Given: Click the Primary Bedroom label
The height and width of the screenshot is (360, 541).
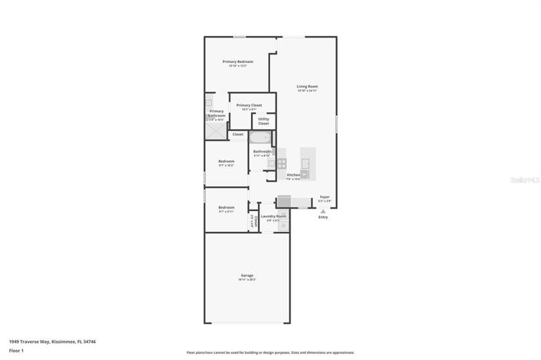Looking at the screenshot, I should coord(238,61).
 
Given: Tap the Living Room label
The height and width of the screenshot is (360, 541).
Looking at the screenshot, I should coord(307,87).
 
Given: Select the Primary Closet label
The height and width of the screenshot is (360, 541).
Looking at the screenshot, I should coord(249,105).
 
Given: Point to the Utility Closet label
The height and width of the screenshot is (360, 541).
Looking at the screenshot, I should coord(263,121).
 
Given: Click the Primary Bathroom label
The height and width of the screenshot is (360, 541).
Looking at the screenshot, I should coord(216,113).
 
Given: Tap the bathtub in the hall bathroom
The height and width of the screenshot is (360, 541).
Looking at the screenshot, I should coord(260,138).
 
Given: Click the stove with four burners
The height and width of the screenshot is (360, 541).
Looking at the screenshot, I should coord(282,163).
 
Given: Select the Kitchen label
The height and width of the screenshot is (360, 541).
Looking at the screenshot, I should coord(293,175).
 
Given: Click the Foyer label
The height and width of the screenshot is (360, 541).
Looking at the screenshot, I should coord(325,197).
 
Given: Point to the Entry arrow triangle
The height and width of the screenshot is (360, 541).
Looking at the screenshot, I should coord(323,210).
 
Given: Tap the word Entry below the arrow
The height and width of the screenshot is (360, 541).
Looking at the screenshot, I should coord(323,217).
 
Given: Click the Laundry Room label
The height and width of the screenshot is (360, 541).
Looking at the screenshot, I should coord(273,216).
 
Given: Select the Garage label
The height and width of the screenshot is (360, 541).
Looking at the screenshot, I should coord(247,276).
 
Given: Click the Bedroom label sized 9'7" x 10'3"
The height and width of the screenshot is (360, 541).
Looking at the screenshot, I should coord(226,161).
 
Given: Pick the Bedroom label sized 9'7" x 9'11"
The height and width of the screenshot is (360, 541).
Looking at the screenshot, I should coord(226,207).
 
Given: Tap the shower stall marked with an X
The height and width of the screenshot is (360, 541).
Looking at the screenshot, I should coord(216,132).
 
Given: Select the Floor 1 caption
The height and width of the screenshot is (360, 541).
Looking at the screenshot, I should coord(17,350).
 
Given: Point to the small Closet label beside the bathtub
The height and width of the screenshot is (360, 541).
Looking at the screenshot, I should coord(238,134).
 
